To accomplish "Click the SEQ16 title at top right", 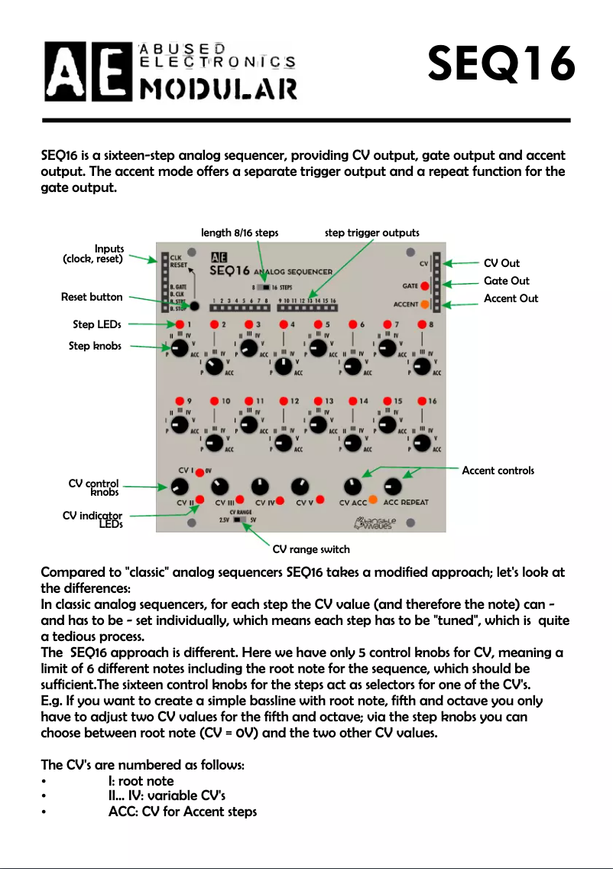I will point(501,63).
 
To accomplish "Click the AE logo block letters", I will point(86,70).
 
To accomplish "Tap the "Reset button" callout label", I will point(91,298).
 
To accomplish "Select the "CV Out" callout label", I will point(501,263).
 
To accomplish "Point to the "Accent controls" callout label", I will point(498,470).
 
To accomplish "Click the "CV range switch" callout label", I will point(311,549).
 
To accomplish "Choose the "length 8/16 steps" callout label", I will point(239,233).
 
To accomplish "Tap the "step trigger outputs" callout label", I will point(371,233).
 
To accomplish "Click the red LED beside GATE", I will point(424,286).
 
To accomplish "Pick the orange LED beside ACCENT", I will point(424,304).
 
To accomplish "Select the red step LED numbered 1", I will point(178,324).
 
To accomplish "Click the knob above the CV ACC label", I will point(352,486).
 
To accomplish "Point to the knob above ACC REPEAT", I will point(393,486).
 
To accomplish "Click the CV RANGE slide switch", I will point(241,519).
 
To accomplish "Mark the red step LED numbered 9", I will point(178,401).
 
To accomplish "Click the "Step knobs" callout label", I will point(95,346).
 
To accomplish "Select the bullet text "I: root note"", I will point(141,781).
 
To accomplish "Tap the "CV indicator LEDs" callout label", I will point(92,519).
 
